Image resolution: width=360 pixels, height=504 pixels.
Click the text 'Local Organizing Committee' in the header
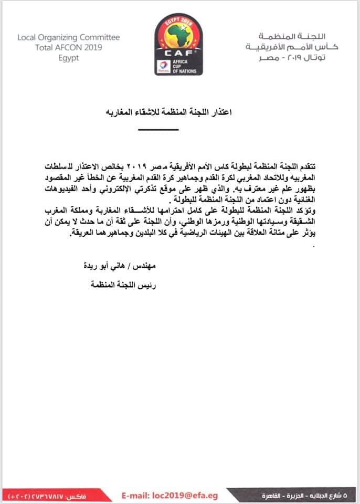click(x=68, y=38)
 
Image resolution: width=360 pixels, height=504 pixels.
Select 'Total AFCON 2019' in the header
click(x=68, y=48)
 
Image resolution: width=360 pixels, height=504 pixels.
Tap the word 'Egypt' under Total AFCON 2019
click(x=69, y=58)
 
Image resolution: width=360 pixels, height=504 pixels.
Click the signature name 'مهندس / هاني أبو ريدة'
click(x=123, y=266)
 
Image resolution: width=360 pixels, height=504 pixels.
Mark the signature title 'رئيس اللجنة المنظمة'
click(x=123, y=285)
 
